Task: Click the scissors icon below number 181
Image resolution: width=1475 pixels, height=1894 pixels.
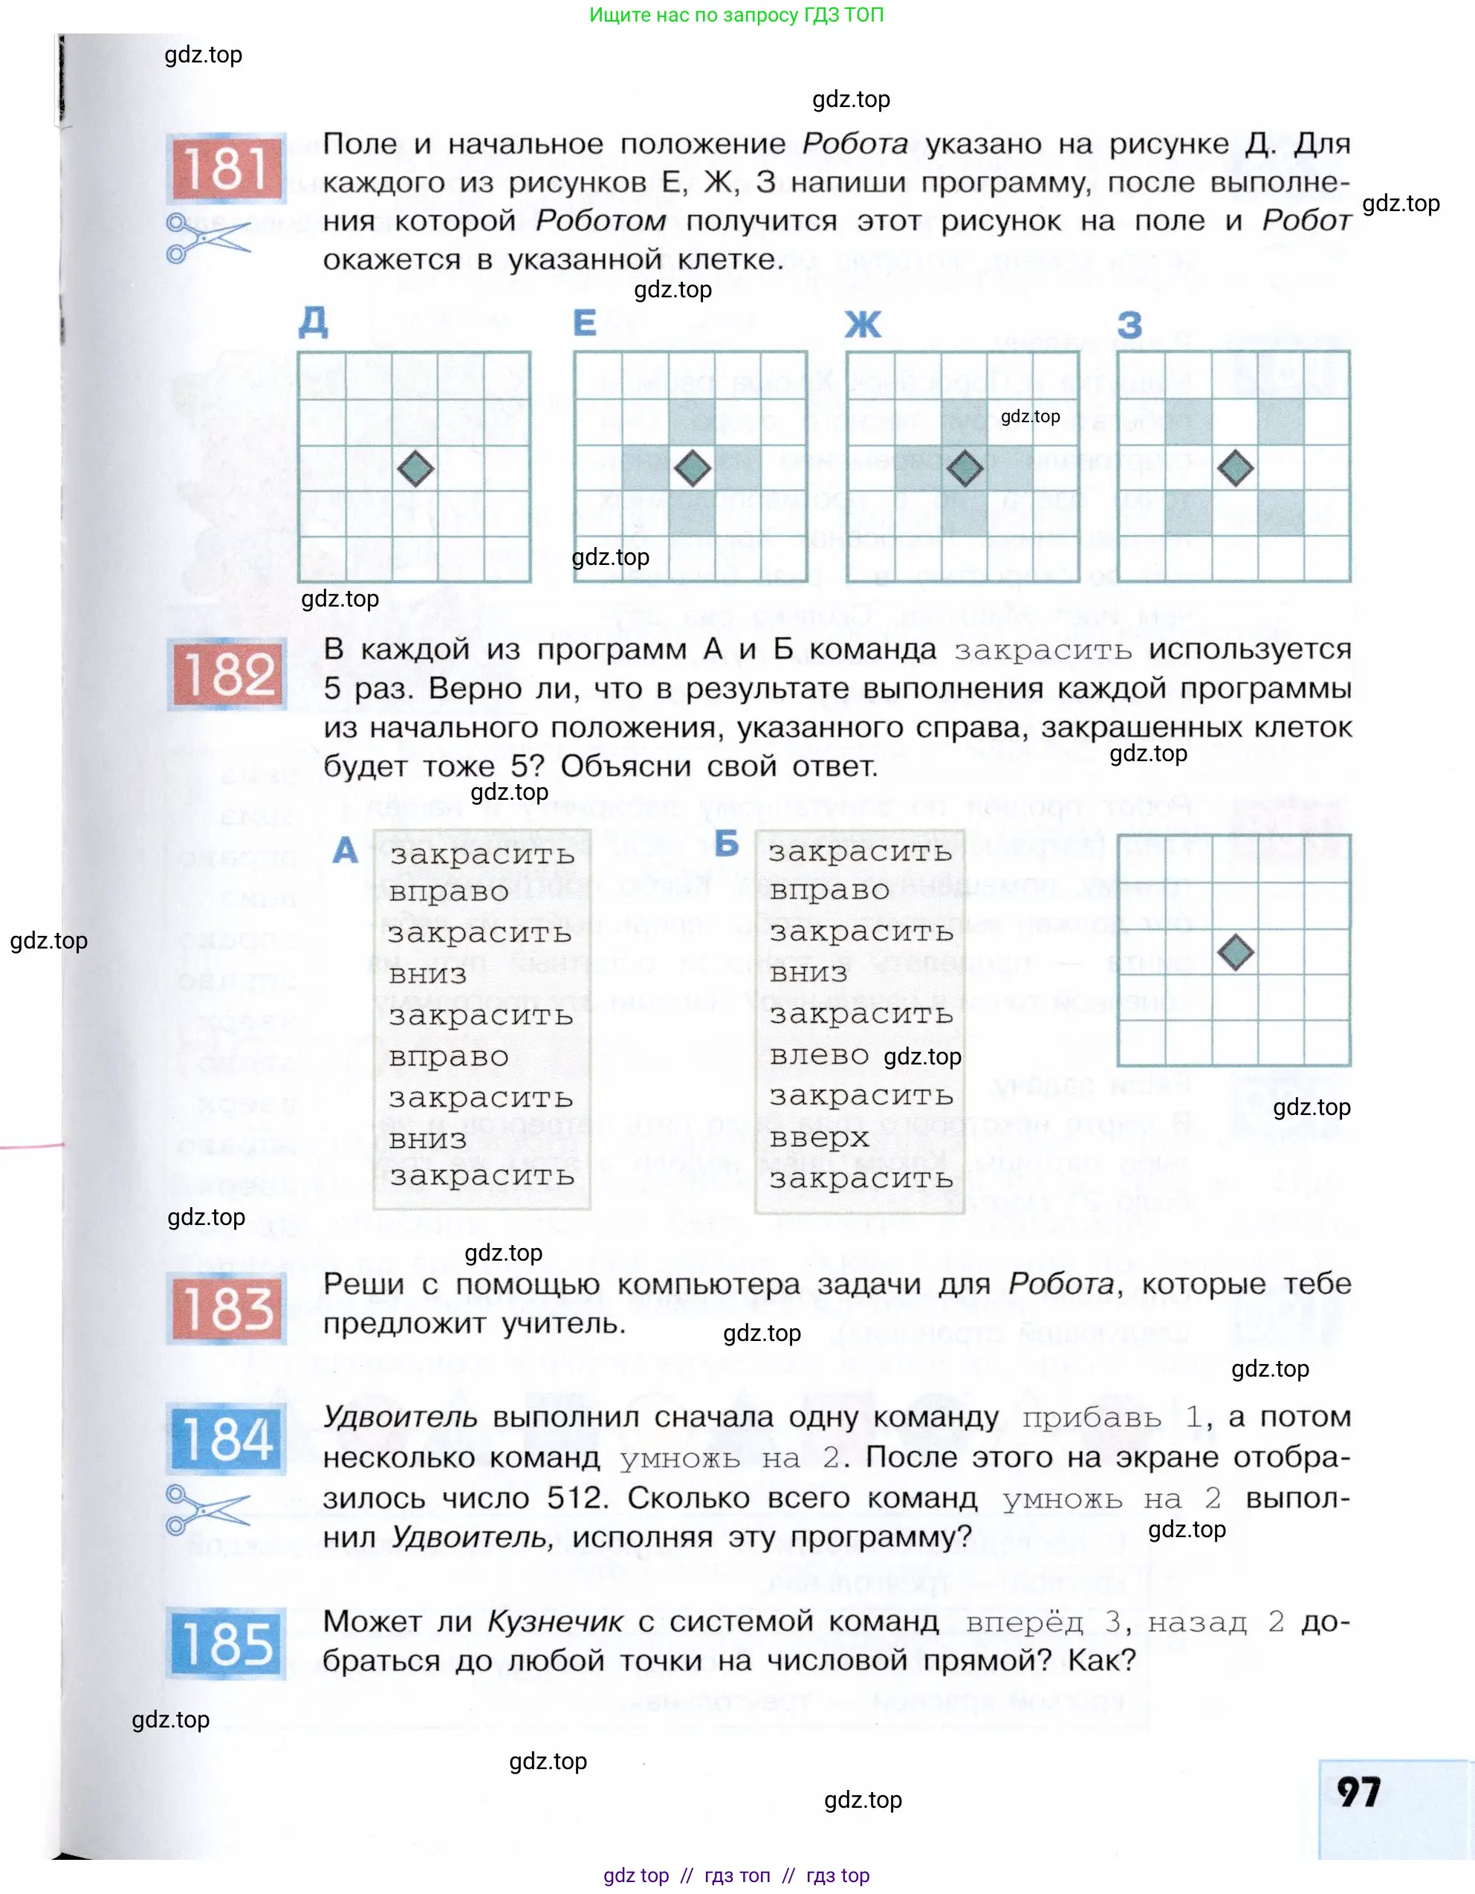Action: (x=207, y=238)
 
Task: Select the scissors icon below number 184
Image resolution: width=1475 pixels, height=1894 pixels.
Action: (x=207, y=1510)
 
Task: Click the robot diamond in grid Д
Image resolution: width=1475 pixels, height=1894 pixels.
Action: (x=415, y=469)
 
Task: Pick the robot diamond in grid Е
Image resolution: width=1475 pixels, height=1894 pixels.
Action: (x=692, y=469)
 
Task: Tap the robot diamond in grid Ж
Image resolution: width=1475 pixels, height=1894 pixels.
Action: (x=965, y=469)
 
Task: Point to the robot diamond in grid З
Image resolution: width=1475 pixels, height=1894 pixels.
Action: (x=1236, y=469)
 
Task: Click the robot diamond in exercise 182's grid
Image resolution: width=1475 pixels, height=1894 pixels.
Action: (x=1236, y=953)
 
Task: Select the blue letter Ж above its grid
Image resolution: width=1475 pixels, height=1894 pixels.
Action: (x=863, y=326)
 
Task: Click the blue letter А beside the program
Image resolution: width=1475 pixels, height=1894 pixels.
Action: (x=345, y=850)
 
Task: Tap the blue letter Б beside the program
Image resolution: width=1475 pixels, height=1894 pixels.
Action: (x=727, y=843)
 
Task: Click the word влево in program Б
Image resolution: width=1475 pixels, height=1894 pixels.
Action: (x=819, y=1056)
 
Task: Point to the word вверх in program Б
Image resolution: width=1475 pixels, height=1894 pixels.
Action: (x=819, y=1138)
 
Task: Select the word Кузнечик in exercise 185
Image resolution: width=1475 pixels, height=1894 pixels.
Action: (x=556, y=1620)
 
